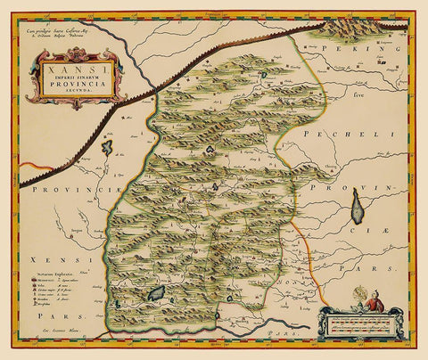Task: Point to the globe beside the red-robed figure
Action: click(x=353, y=294)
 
